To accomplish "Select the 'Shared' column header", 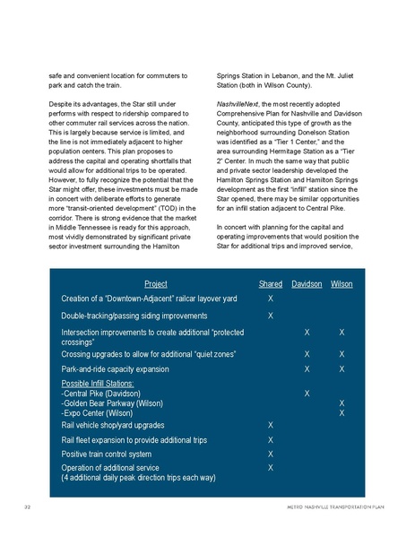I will click(270, 284).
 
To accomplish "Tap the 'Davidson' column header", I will click(307, 284).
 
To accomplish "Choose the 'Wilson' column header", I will click(341, 284).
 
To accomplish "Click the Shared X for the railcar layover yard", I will click(271, 298).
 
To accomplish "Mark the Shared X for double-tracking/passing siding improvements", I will click(271, 316).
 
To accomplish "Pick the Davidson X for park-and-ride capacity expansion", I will click(307, 368).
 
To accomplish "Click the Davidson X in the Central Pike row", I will click(307, 394).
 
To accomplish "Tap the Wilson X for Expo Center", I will click(341, 412).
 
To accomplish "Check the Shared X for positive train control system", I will click(271, 454).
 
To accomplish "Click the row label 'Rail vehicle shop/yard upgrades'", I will click(112, 425).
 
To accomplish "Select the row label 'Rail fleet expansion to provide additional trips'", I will click(134, 440).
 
